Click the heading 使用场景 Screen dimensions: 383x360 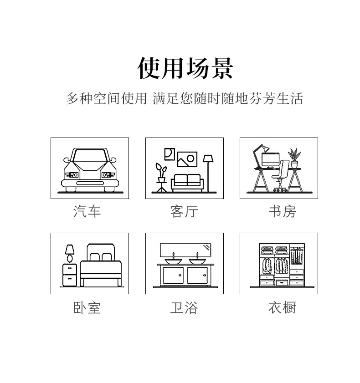[x=185, y=68]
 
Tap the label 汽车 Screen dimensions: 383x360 [x=87, y=211]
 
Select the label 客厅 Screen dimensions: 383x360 [x=184, y=211]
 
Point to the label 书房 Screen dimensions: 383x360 [x=282, y=211]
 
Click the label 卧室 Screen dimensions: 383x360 [x=87, y=308]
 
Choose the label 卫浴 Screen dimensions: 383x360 [x=184, y=308]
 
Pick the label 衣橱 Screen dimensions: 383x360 [x=282, y=308]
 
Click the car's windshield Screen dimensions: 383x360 [x=90, y=157]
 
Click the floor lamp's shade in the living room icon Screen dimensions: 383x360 [x=208, y=158]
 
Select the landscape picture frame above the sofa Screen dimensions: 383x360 [x=187, y=159]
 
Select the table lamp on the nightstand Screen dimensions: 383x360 [x=70, y=252]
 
